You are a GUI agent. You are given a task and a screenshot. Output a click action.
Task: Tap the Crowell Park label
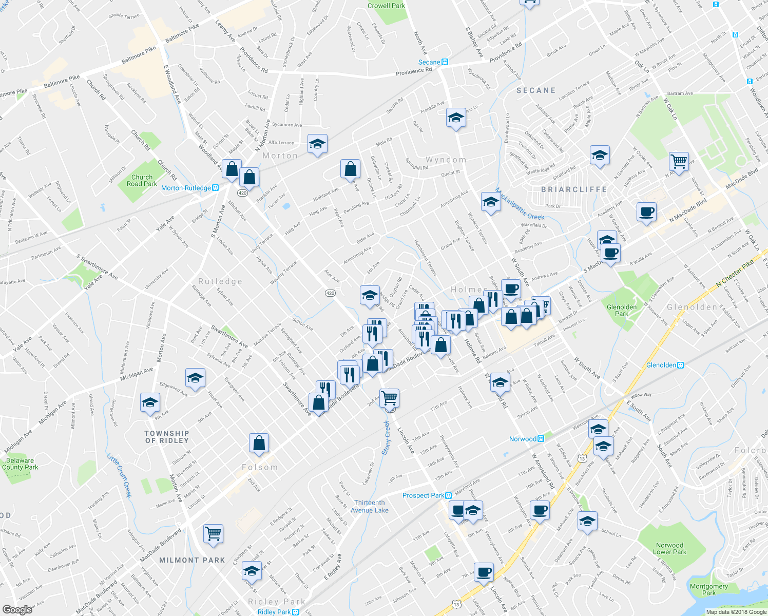tap(386, 6)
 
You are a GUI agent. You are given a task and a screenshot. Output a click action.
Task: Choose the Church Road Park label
tap(142, 180)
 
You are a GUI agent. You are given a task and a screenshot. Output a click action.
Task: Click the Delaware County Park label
tap(20, 464)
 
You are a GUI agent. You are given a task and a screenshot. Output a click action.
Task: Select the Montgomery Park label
tap(709, 589)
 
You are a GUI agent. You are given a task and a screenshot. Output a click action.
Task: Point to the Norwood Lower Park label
tap(669, 548)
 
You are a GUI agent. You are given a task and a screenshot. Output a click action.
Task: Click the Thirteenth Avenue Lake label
tap(369, 506)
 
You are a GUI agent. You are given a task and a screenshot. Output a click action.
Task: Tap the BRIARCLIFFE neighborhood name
tap(574, 189)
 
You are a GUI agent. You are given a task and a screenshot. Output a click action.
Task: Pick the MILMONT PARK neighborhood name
tap(192, 560)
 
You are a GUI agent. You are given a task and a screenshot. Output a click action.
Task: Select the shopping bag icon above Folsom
tap(259, 442)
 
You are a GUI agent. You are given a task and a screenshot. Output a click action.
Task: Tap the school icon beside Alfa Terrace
tap(317, 144)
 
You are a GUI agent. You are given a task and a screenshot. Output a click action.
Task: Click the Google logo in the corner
tap(17, 609)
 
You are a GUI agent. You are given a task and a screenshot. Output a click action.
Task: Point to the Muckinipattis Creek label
tap(520, 205)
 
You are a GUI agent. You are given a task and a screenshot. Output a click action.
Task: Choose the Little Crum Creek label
tap(119, 475)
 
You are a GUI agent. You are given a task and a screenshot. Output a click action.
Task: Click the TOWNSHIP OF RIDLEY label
tap(167, 437)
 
